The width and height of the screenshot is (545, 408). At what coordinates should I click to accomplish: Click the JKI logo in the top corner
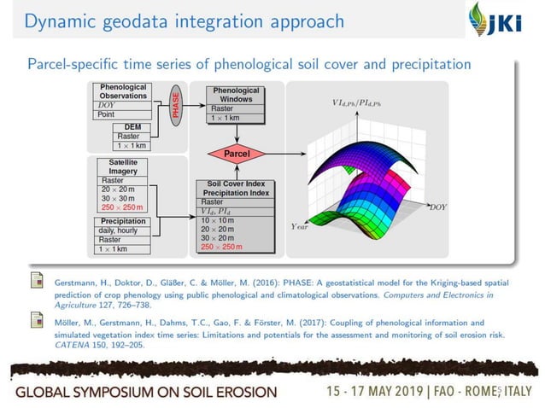coord(504,20)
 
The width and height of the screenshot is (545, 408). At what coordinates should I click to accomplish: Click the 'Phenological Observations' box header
coord(123,91)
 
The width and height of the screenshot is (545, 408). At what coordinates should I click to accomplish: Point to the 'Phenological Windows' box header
coord(236,94)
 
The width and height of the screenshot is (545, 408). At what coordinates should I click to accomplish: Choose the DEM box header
coord(132,126)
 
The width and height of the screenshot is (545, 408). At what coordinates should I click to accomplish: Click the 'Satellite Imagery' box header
coord(123,166)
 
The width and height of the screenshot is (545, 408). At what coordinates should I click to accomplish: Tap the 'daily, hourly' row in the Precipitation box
coord(120,230)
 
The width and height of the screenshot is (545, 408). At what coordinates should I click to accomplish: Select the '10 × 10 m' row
coord(217,220)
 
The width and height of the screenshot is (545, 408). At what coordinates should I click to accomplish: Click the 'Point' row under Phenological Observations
coord(107,114)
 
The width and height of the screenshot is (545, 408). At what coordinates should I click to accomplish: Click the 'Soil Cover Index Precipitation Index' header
coord(236,188)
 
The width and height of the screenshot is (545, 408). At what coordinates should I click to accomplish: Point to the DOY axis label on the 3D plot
coord(437,207)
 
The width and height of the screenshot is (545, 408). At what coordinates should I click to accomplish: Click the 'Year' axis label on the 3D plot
coord(301,226)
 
